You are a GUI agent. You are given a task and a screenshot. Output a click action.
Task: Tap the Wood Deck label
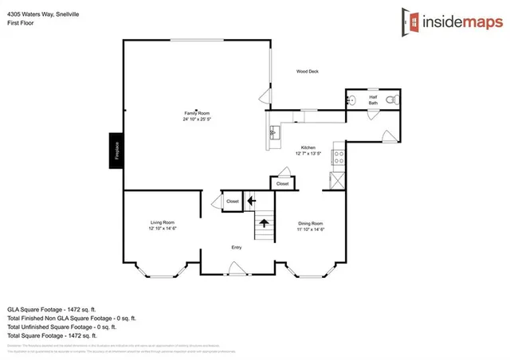[307, 71]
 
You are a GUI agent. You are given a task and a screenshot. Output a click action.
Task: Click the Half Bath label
[373, 99]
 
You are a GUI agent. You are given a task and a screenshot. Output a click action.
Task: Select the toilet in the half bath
[390, 100]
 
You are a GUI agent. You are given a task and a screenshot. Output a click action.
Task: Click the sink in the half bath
[353, 100]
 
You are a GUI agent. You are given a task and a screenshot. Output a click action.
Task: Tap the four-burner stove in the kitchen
[338, 157]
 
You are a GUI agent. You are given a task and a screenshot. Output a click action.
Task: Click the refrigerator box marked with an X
[336, 180]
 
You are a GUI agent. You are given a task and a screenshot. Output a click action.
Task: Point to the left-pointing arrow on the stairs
[252, 202]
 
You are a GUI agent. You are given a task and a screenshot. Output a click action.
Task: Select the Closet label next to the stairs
[232, 202]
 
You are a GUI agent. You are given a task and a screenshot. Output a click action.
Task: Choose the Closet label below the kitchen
[282, 184]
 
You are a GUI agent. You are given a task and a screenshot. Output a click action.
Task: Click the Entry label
[236, 248]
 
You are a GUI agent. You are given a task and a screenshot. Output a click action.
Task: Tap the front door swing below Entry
[233, 270]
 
